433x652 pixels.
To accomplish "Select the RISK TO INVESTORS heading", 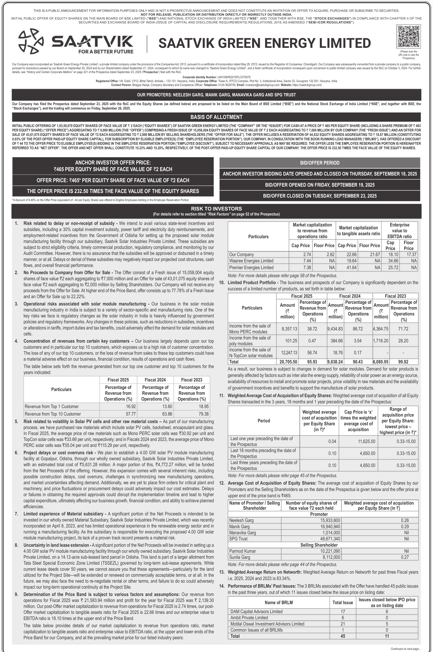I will point(216,209).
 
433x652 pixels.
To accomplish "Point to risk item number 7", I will point(17,514).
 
